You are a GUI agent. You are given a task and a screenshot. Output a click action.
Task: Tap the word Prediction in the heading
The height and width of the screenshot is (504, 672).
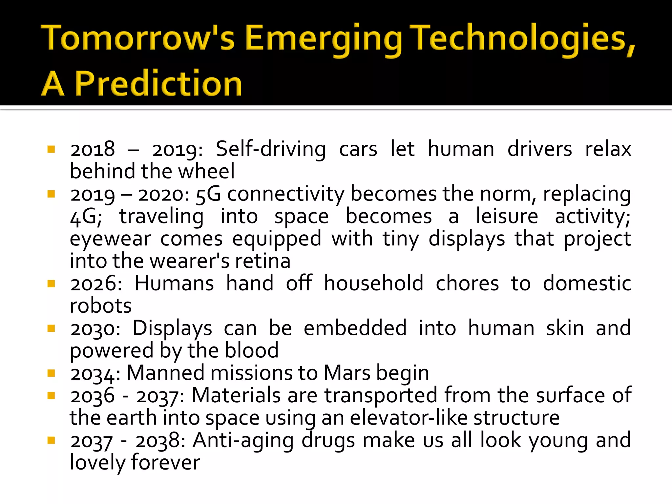[158, 84]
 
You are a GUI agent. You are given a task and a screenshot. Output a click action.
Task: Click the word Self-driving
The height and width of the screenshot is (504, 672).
[271, 149]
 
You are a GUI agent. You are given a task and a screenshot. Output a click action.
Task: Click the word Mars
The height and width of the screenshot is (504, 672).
[347, 373]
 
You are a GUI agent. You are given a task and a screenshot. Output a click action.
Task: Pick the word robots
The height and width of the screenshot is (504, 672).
[101, 306]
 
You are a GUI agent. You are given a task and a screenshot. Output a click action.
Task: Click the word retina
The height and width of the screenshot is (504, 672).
[262, 261]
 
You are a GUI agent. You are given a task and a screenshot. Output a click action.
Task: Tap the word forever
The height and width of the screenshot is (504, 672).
[165, 463]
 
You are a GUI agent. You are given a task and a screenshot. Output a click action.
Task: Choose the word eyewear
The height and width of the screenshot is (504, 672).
[110, 239]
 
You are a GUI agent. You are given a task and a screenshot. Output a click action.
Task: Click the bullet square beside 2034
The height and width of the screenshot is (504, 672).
[51, 373]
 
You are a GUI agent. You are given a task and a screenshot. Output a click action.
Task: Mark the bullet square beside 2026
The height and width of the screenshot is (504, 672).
[51, 283]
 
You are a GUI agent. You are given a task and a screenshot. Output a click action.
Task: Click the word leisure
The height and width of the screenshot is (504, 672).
[507, 217]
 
